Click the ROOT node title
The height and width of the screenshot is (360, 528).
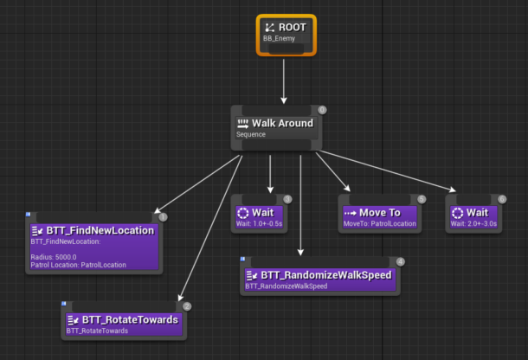click(x=292, y=28)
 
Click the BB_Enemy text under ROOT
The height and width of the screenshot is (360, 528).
click(x=279, y=39)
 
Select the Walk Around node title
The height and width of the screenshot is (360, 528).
click(x=282, y=123)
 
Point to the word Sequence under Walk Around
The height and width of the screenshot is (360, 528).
click(x=252, y=135)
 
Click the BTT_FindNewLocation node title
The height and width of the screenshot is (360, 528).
click(x=100, y=230)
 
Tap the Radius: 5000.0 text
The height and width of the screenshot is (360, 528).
click(x=55, y=257)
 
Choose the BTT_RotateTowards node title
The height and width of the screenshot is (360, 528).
click(x=131, y=319)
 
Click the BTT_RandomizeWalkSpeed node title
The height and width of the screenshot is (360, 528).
click(x=327, y=274)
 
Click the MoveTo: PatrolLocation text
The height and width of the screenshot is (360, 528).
click(x=379, y=224)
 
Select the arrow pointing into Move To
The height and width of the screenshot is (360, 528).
click(x=333, y=173)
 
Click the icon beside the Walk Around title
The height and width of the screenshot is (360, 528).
click(x=242, y=123)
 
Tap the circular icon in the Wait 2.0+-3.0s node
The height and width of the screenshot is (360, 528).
click(x=458, y=212)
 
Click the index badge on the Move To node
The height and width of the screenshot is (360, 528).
click(x=422, y=199)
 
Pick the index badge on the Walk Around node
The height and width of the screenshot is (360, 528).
click(x=322, y=110)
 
